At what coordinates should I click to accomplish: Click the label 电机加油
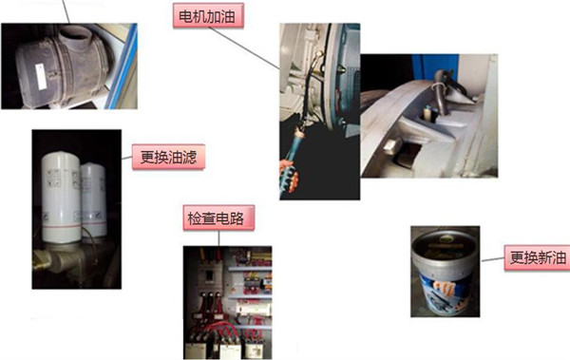click(x=208, y=15)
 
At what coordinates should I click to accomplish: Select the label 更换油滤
click(x=168, y=157)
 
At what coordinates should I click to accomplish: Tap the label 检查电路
click(x=218, y=218)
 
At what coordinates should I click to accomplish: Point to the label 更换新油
click(x=538, y=257)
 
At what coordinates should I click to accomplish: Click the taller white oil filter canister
click(x=61, y=198)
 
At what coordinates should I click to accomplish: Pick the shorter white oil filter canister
click(x=94, y=200)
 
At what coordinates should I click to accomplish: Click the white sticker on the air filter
click(x=40, y=76)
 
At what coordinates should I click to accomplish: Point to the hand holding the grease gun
click(x=289, y=175)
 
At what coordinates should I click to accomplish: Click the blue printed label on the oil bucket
click(x=444, y=294)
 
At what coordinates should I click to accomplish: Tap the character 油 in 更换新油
click(x=559, y=257)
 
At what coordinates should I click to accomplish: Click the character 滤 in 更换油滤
click(x=189, y=157)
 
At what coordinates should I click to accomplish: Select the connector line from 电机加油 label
click(x=244, y=48)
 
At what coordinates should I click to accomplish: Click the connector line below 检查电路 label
click(x=218, y=238)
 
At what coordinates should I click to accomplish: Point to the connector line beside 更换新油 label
click(x=493, y=259)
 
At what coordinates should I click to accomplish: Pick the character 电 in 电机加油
click(x=186, y=16)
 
